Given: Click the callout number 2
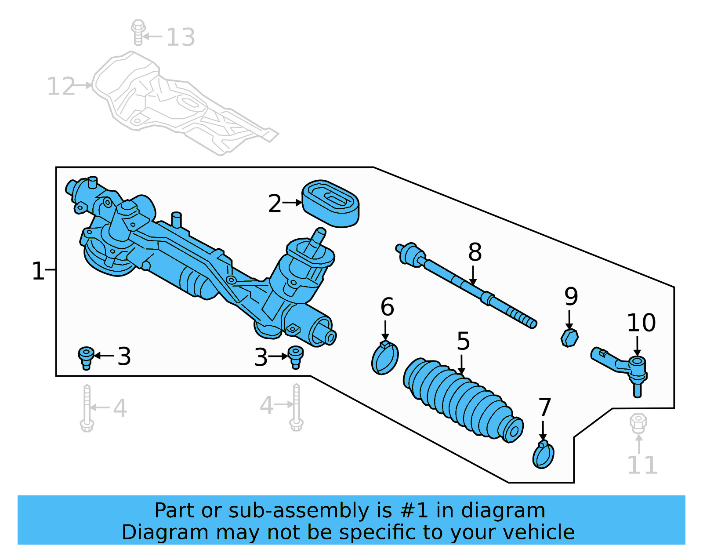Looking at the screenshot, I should [x=275, y=204].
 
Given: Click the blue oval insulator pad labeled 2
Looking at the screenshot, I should [x=330, y=204].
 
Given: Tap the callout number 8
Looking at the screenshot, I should [x=475, y=252].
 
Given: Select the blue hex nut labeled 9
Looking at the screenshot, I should [x=569, y=338].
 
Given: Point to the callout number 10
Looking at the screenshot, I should [x=641, y=323].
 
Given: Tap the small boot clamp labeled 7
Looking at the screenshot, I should [x=543, y=455].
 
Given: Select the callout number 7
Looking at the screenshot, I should [x=545, y=407].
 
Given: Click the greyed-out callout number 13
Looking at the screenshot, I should [x=181, y=37].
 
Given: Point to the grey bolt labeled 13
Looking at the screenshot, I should [x=138, y=32].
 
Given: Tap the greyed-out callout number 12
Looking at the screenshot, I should [x=61, y=86].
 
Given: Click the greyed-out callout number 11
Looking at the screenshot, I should [x=642, y=465].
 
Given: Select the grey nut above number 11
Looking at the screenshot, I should [x=638, y=422].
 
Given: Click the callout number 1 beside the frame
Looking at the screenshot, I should [x=38, y=271].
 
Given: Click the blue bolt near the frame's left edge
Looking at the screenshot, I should [x=86, y=357].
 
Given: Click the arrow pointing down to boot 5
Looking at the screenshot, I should [x=461, y=365].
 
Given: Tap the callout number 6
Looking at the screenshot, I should [x=387, y=307].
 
